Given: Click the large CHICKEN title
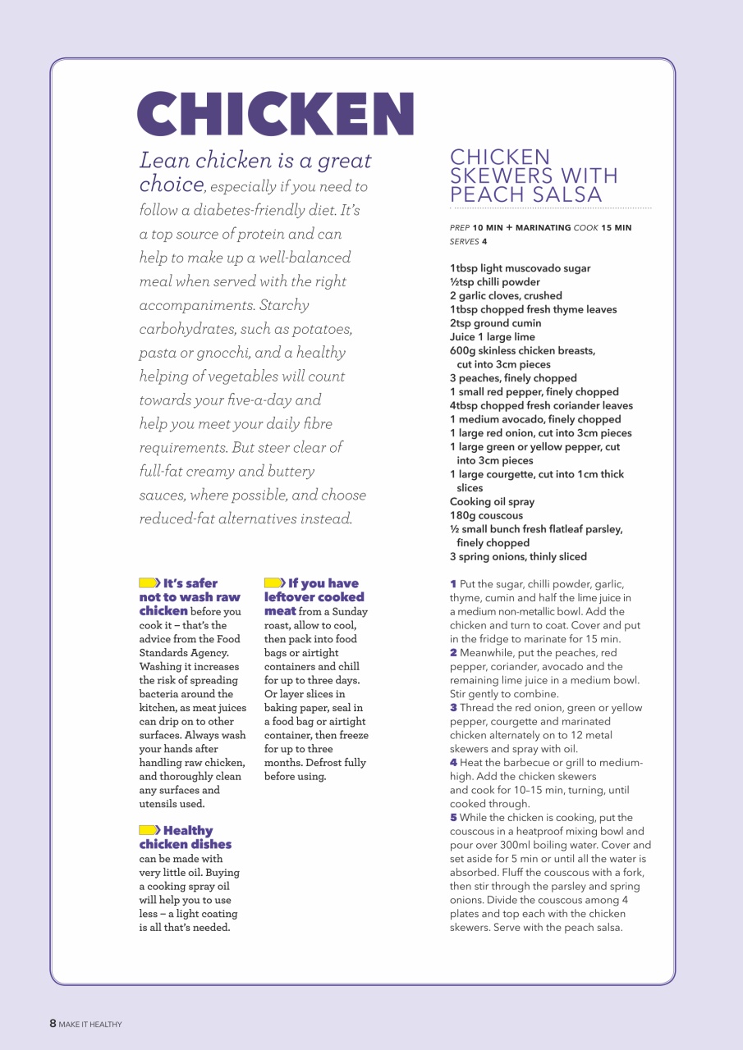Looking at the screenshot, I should pos(275,114).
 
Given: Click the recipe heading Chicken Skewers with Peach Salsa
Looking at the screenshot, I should pos(534,176).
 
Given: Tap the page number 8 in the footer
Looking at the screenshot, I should pos(53,1023).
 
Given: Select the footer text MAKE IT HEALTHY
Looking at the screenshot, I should pos(90,1024).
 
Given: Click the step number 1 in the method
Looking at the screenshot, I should pos(453,584).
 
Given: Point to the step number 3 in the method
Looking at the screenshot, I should pos(453,707).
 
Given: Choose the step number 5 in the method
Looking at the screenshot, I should pos(453,817).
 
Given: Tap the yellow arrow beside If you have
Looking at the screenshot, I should pos(274,583).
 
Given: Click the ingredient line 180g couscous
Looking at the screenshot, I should pos(486,515).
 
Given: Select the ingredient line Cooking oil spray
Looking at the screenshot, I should pos(492,501).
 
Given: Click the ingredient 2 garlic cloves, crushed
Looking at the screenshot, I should pos(506,295).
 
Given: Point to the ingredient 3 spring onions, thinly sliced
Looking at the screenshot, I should pos(518,556).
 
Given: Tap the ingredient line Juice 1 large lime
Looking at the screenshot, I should pos(492,336).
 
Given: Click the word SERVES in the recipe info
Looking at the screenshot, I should pos(464,241).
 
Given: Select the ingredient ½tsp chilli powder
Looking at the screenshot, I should pos(494,281).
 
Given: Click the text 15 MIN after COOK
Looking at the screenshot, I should pos(617,227).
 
